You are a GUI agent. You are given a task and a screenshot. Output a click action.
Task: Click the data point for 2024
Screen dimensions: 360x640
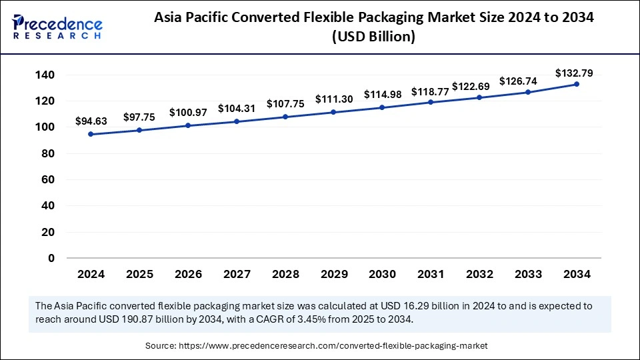pos(91,134)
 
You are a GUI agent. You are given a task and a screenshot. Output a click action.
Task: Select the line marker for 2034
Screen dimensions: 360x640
pos(576,84)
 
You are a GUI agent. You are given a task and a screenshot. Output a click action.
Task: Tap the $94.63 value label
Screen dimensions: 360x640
pos(91,121)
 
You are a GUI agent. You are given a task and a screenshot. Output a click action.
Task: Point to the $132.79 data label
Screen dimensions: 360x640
pos(574,73)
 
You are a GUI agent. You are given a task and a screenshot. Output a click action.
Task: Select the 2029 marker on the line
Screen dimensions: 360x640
pos(333,112)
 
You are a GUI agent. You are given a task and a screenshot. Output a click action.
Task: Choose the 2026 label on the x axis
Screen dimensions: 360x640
pos(187,274)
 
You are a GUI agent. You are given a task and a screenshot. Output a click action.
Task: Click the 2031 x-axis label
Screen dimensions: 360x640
pos(430,274)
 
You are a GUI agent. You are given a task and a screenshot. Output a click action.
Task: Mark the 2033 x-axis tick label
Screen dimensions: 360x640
pos(527,274)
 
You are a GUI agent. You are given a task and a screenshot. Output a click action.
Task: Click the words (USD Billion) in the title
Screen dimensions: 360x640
pos(373,38)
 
